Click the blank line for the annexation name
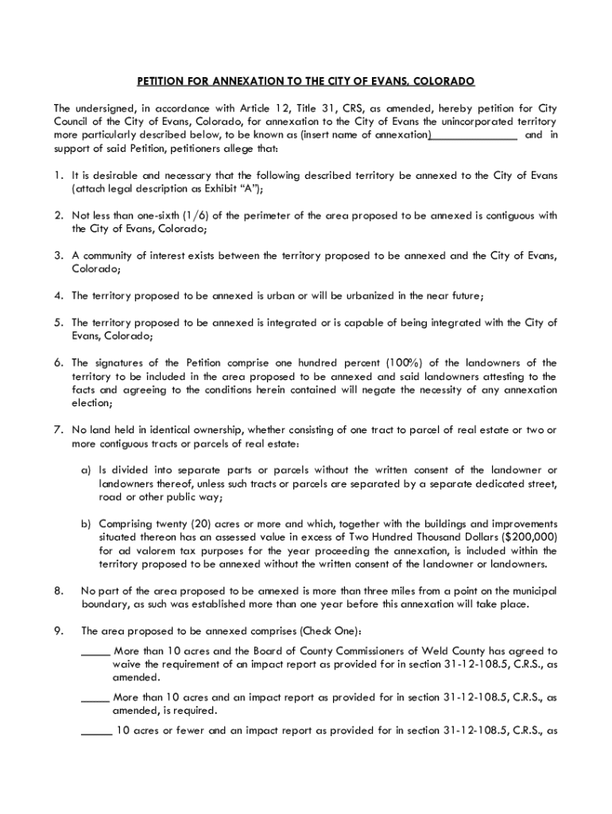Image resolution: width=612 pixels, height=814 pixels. pyautogui.click(x=474, y=135)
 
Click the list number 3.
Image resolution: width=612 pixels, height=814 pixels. pyautogui.click(x=59, y=255)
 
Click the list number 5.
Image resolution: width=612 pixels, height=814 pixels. pyautogui.click(x=59, y=322)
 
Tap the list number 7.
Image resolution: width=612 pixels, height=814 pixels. pyautogui.click(x=59, y=430)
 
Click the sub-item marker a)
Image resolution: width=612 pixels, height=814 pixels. pyautogui.click(x=85, y=471)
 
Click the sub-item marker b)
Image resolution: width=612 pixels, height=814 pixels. pyautogui.click(x=85, y=524)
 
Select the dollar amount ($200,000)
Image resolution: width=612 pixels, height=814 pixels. pyautogui.click(x=529, y=537)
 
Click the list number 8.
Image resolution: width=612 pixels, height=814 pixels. pyautogui.click(x=58, y=591)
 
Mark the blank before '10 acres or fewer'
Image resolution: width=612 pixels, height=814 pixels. pyautogui.click(x=96, y=731)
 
